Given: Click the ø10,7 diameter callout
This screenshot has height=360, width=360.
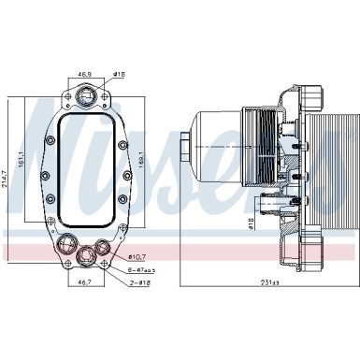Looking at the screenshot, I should [x=137, y=256].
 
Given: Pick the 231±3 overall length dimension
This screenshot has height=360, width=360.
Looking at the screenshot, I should [x=269, y=282].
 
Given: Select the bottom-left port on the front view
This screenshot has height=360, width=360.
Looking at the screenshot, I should [x=67, y=246].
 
